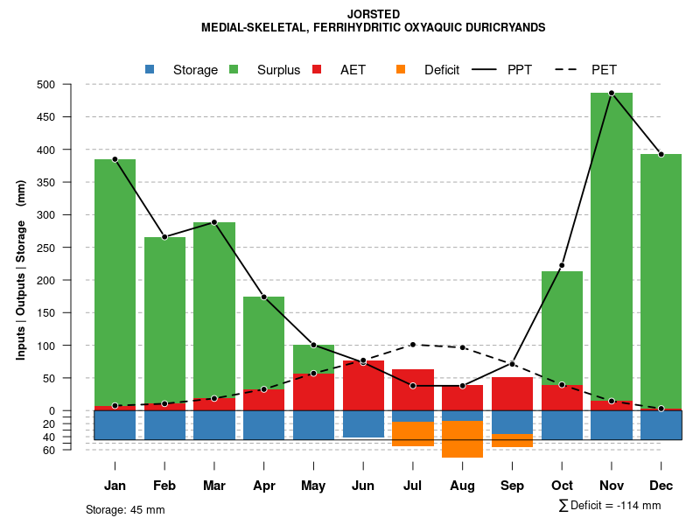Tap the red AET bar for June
click(363, 385)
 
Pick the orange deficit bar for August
click(463, 439)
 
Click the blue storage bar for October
click(562, 424)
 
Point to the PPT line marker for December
click(661, 154)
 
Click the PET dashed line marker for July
click(413, 344)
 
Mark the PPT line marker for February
click(164, 237)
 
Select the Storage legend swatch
click(150, 69)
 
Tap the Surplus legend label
click(278, 69)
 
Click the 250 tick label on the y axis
click(70, 248)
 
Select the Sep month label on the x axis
click(512, 486)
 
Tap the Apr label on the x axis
click(263, 486)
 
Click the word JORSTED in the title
click(374, 14)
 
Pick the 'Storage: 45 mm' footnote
click(125, 509)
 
